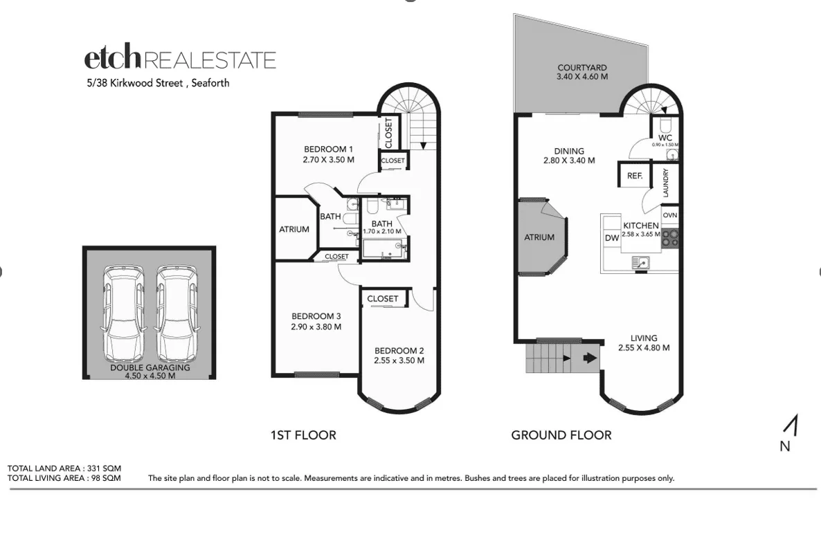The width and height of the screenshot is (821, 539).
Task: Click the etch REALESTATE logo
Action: (x=180, y=60)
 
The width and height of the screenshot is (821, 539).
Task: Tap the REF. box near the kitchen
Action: (x=635, y=176)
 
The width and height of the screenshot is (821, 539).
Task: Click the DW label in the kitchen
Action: (x=612, y=238)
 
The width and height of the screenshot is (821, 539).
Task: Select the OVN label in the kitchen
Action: (x=670, y=215)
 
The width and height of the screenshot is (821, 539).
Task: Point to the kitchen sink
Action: (x=640, y=262)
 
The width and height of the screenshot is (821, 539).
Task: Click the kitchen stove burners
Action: (x=670, y=239)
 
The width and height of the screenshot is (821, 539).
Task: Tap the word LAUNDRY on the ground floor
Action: (x=666, y=183)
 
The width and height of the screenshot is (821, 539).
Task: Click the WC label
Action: (x=665, y=138)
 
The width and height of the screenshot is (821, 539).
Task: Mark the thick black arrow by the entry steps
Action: (x=588, y=358)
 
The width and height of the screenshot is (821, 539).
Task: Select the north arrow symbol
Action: (x=794, y=425)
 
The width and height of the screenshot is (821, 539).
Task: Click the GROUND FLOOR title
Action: (x=561, y=435)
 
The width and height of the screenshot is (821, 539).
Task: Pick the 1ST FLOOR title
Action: (x=303, y=435)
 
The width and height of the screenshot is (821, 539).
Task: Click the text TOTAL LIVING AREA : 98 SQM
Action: (x=64, y=477)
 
